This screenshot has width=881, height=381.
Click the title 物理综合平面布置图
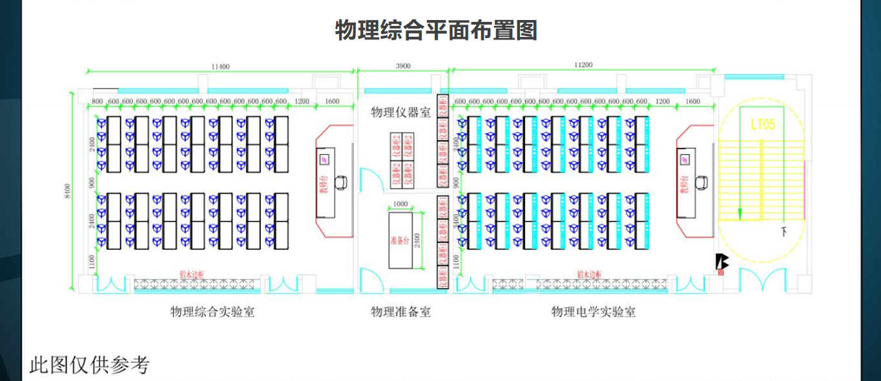[x=436, y=30]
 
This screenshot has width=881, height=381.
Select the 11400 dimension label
[x=220, y=66]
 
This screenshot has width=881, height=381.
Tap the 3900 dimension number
[x=402, y=66]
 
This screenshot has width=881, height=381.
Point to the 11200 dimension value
[x=583, y=65]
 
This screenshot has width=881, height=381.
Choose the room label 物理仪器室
[x=400, y=113]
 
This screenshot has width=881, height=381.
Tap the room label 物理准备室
[x=400, y=312]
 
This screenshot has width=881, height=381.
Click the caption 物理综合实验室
[x=212, y=312]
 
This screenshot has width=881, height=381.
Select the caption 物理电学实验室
[x=593, y=312]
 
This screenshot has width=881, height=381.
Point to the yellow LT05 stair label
[x=762, y=125]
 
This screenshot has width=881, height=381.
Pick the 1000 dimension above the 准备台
[x=400, y=204]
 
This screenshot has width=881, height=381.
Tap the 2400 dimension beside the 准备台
[x=417, y=240]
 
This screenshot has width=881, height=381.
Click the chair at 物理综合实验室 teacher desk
[x=344, y=183]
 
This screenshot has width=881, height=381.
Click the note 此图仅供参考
[x=89, y=365]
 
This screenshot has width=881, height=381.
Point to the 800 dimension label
[x=98, y=101]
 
